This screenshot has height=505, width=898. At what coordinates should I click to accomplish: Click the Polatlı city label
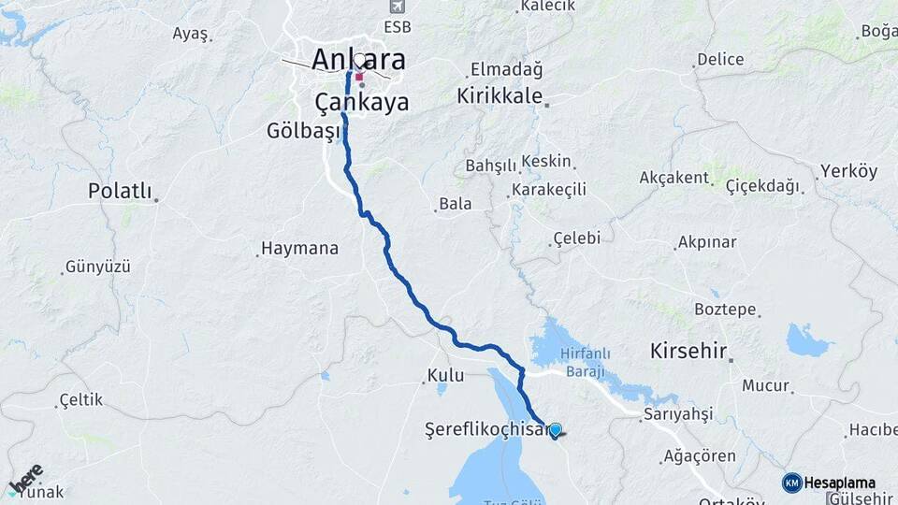click(x=119, y=191)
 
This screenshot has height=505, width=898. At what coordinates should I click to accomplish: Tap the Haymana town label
click(x=299, y=249)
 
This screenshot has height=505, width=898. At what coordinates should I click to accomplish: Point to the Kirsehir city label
click(x=689, y=352)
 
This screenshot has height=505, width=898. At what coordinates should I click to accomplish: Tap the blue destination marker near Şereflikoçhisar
click(x=555, y=430)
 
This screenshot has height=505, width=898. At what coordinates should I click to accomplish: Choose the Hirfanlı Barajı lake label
click(x=585, y=362)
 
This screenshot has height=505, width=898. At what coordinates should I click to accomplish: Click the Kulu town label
click(x=445, y=375)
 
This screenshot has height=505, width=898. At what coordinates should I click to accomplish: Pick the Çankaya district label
click(x=361, y=102)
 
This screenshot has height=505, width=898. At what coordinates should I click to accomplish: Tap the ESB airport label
click(x=396, y=29)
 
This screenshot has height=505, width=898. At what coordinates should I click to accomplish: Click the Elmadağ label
click(x=506, y=69)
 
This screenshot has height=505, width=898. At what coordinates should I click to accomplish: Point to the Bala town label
click(x=456, y=203)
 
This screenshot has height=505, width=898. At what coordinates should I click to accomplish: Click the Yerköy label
click(x=848, y=171)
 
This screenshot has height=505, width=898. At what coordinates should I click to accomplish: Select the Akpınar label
click(x=707, y=242)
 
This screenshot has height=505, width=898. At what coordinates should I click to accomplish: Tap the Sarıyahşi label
click(x=679, y=413)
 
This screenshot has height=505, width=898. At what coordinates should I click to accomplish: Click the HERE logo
click(x=25, y=479)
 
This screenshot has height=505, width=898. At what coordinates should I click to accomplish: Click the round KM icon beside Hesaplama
click(x=791, y=483)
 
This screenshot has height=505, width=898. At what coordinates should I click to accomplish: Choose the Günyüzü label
click(x=98, y=267)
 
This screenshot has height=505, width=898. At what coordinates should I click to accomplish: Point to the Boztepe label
click(x=725, y=309)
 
